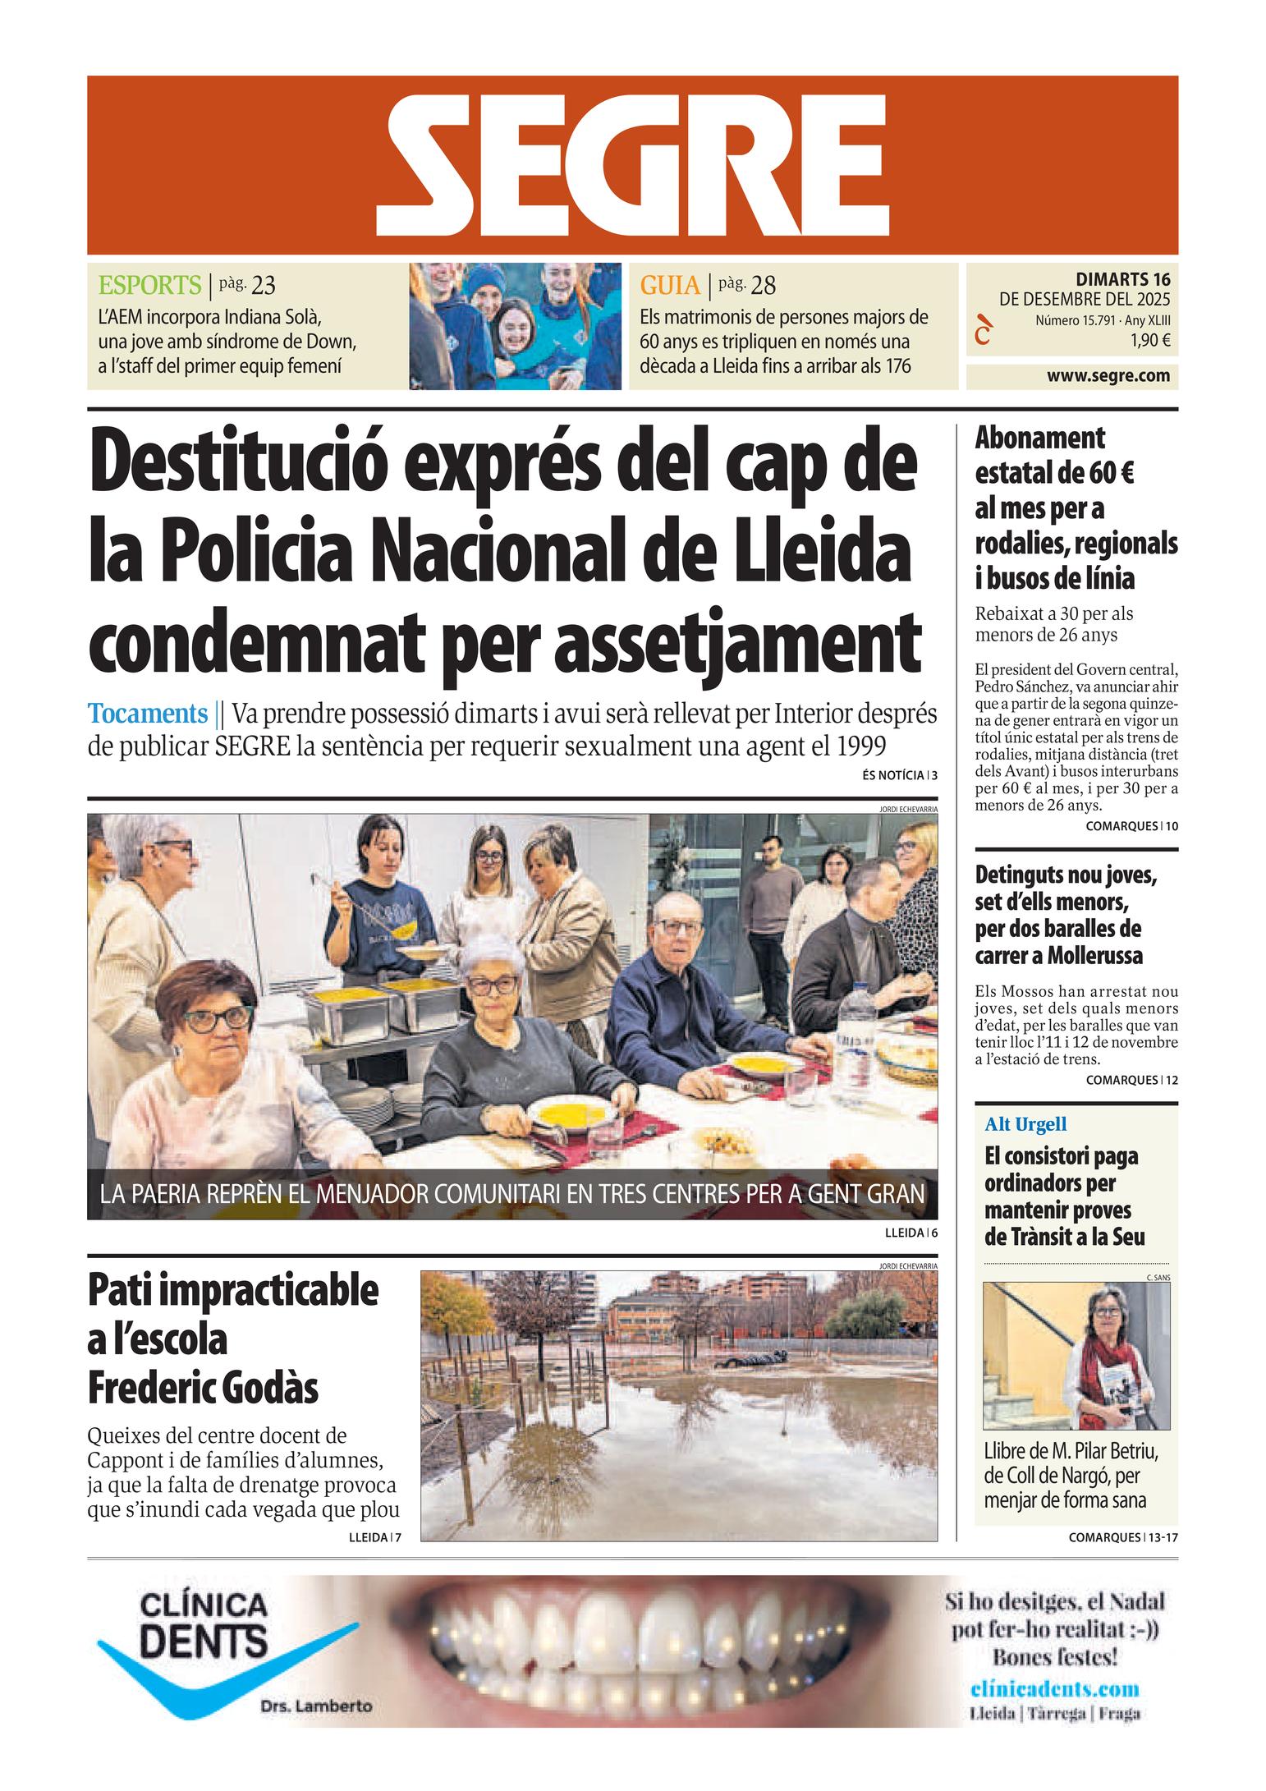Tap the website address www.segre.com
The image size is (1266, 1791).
(x=1108, y=376)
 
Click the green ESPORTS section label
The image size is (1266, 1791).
(x=149, y=286)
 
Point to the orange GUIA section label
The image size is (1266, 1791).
(x=670, y=286)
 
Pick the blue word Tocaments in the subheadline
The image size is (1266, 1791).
(x=148, y=713)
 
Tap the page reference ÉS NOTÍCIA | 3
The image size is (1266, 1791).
(x=900, y=774)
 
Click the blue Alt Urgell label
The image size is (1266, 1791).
(x=1025, y=1124)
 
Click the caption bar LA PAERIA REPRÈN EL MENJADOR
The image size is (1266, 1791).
(x=511, y=1193)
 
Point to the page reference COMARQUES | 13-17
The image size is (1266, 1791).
(x=1123, y=1537)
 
